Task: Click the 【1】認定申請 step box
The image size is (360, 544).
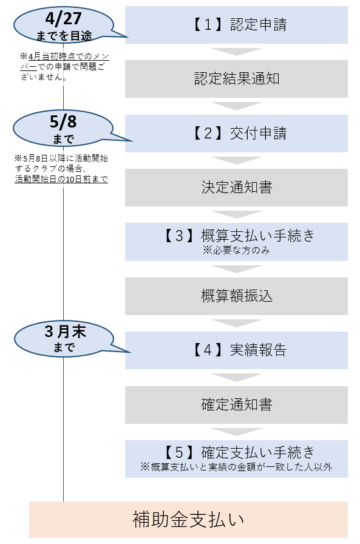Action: point(236,25)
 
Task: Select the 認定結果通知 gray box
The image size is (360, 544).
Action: point(236,79)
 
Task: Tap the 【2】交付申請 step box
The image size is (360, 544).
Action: point(236,134)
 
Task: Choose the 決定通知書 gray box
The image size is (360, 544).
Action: point(236,188)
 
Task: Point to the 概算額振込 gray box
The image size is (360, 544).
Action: point(236,296)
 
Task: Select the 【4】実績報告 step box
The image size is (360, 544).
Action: point(236,350)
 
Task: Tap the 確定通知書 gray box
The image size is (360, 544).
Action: point(236,404)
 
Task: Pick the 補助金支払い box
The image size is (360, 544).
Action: point(188,520)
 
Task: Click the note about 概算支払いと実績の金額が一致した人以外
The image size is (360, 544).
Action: point(236,467)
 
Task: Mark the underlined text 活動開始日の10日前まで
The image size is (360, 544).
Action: point(61,180)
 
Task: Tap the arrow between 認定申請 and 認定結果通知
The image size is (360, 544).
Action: point(236,52)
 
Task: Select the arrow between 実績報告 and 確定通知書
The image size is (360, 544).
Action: point(236,378)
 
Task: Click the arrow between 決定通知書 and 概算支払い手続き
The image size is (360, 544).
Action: point(236,214)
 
